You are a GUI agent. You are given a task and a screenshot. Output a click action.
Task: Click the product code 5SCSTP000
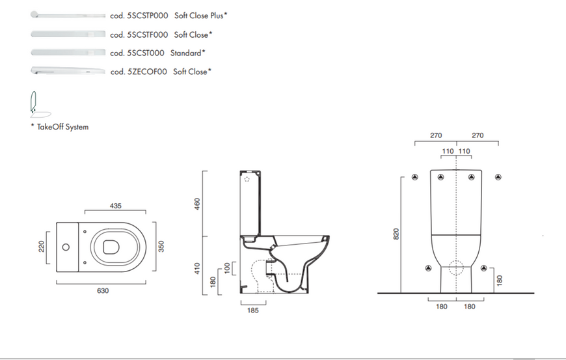pyautogui.click(x=148, y=16)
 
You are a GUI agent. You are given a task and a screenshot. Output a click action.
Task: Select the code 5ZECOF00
pyautogui.click(x=147, y=72)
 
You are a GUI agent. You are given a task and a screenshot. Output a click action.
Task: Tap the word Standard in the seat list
pyautogui.click(x=185, y=53)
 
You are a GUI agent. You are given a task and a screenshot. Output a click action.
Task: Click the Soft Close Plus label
pyautogui.click(x=199, y=16)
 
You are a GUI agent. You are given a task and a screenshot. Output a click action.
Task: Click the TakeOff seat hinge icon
pyautogui.click(x=40, y=104)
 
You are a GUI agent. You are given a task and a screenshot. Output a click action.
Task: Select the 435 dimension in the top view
pyautogui.click(x=116, y=206)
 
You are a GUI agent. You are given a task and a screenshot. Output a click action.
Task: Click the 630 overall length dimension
pyautogui.click(x=103, y=291)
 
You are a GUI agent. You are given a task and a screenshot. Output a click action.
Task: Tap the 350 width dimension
pyautogui.click(x=161, y=246)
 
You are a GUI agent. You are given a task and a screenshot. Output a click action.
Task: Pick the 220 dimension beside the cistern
pyautogui.click(x=41, y=247)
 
